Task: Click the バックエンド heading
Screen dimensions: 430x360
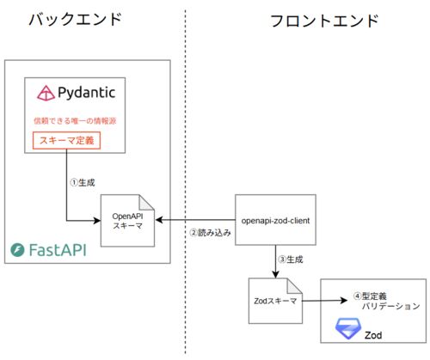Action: [76, 20]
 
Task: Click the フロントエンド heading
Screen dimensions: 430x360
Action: [324, 21]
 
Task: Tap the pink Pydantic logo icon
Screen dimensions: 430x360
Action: [46, 93]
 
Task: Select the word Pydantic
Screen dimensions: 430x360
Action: [87, 93]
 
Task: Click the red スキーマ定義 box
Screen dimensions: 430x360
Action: [66, 140]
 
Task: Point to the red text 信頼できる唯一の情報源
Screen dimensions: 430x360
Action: [75, 121]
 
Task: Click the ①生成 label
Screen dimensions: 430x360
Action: [83, 182]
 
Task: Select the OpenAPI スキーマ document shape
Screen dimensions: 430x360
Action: [127, 221]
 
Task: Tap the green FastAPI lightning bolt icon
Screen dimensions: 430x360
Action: [17, 250]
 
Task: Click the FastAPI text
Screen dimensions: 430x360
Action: [58, 250]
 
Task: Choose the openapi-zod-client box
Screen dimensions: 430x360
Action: [275, 220]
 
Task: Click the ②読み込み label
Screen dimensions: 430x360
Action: [211, 233]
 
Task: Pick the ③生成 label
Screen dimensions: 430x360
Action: [291, 259]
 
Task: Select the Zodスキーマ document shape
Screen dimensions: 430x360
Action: [275, 301]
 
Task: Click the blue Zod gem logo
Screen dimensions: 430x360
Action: [348, 328]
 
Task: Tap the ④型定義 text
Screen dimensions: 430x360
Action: [370, 296]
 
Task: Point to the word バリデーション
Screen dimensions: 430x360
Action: [391, 306]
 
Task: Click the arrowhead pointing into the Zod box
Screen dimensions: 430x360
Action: [344, 301]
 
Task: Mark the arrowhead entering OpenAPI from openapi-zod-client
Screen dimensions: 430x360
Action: [159, 220]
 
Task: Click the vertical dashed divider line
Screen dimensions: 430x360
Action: [185, 182]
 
